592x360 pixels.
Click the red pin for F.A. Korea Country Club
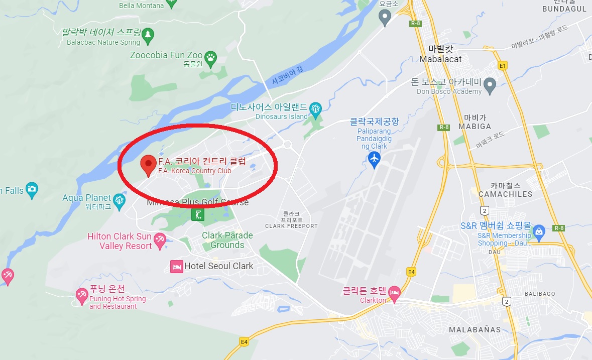(148, 164)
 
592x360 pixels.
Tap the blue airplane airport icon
(374, 159)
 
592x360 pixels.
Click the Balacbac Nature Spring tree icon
(147, 34)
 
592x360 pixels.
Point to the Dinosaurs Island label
(281, 116)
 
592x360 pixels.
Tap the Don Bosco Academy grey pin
(490, 84)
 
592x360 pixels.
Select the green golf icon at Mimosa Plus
(198, 215)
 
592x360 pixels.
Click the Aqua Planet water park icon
(119, 200)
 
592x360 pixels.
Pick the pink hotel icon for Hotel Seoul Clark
(176, 266)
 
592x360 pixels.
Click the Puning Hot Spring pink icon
(81, 295)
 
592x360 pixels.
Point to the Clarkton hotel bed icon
(395, 293)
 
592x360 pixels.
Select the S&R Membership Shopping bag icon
(539, 231)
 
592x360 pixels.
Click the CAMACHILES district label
(505, 194)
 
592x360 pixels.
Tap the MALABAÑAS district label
(475, 329)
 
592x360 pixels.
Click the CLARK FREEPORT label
(291, 226)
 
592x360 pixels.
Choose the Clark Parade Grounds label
(227, 240)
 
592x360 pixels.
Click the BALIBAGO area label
(540, 293)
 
